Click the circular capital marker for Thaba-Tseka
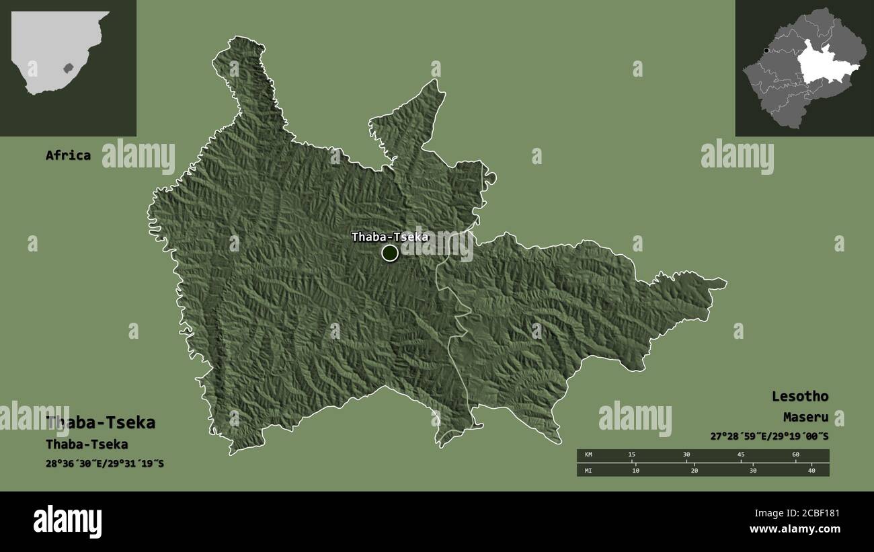[x=390, y=253]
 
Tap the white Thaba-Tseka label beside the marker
[x=390, y=237]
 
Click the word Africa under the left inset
[x=68, y=155]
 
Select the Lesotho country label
[x=799, y=396]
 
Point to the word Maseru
[x=805, y=418]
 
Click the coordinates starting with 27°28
[x=769, y=436]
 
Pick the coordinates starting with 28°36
[x=106, y=464]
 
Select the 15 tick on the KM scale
[x=631, y=455]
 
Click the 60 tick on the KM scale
[x=796, y=455]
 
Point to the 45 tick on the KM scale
[x=741, y=455]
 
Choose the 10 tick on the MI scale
[x=635, y=470]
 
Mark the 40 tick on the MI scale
[x=811, y=470]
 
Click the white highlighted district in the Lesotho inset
[x=823, y=65]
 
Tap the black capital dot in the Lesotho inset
[x=766, y=50]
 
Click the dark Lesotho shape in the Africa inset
[x=67, y=68]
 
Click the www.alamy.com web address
[x=795, y=529]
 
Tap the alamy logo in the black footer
[x=68, y=521]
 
